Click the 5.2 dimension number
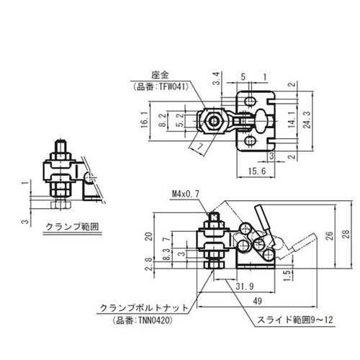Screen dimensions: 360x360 179,120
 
